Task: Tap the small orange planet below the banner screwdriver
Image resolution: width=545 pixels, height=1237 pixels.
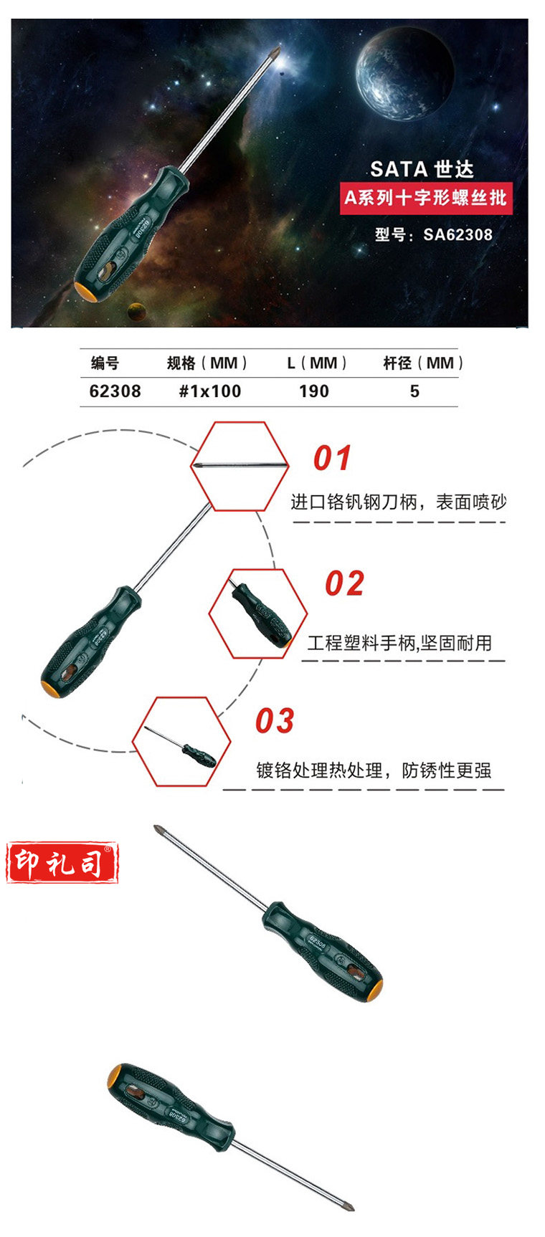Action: (x=134, y=310)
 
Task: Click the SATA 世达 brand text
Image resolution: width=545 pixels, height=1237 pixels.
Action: (x=422, y=169)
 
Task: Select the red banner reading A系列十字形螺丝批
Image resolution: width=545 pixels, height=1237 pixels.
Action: (x=426, y=198)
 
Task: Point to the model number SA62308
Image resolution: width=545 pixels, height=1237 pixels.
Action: (x=433, y=234)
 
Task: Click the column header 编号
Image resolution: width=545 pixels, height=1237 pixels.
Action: (x=105, y=363)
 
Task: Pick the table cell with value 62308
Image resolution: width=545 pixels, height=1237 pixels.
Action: (x=115, y=391)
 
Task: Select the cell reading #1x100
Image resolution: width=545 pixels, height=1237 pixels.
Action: (x=209, y=391)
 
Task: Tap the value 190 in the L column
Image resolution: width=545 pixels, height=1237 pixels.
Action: (x=314, y=391)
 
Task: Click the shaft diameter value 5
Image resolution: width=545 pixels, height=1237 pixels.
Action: (x=414, y=391)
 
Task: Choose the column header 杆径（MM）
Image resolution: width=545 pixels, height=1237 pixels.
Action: (x=423, y=363)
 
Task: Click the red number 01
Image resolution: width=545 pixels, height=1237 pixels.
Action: (x=332, y=459)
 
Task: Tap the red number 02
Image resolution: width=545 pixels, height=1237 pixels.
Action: (x=344, y=584)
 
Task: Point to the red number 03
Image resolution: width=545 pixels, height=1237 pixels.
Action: (x=275, y=721)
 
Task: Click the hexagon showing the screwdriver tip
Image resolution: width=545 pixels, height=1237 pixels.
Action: (x=240, y=466)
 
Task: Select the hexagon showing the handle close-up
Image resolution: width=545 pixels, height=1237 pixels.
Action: (x=257, y=614)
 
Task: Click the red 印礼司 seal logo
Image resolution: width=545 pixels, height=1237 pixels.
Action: (x=62, y=863)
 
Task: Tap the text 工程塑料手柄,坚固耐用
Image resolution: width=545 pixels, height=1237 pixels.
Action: (x=399, y=643)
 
